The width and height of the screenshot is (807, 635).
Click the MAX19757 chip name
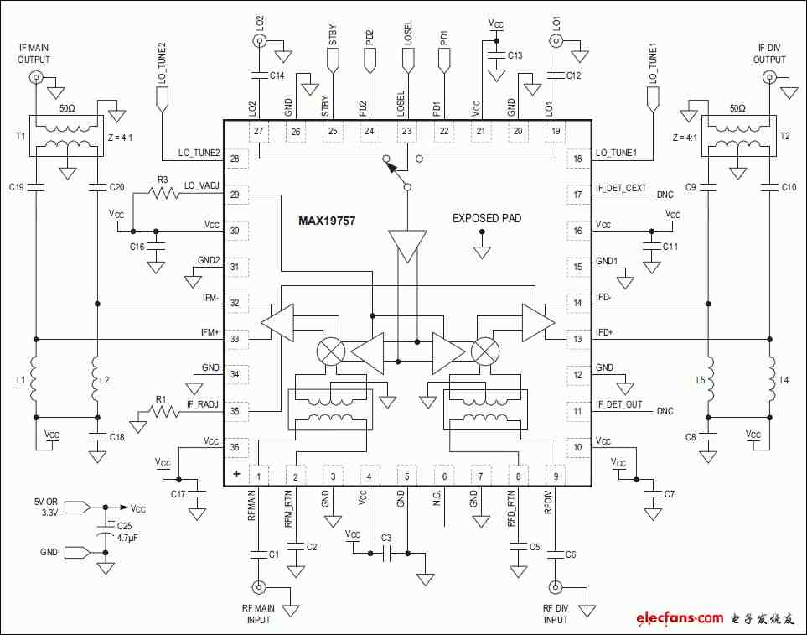(x=327, y=221)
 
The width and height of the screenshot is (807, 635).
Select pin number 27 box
(x=258, y=132)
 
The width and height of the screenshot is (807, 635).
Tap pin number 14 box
(x=577, y=304)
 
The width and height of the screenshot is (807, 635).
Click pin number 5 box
(x=406, y=476)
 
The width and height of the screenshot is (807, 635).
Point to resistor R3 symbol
(x=163, y=194)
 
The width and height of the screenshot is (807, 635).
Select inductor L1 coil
(x=34, y=380)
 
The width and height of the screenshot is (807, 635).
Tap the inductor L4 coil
(x=771, y=380)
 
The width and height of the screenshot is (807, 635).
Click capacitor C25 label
(x=125, y=526)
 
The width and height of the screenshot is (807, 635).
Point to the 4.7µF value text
(x=127, y=539)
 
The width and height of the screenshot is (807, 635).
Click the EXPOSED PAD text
(x=487, y=218)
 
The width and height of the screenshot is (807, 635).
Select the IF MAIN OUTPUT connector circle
(x=36, y=78)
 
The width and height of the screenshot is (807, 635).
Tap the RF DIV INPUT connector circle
(x=556, y=587)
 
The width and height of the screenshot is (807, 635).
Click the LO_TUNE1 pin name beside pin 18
(x=616, y=153)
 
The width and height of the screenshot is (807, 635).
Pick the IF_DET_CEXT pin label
(x=621, y=189)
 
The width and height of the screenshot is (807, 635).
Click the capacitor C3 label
(x=386, y=538)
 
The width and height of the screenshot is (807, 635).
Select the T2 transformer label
(x=785, y=136)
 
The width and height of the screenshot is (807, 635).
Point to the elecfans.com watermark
(x=680, y=617)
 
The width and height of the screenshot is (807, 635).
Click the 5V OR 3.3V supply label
(x=46, y=507)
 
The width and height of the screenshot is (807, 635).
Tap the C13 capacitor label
(x=515, y=55)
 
